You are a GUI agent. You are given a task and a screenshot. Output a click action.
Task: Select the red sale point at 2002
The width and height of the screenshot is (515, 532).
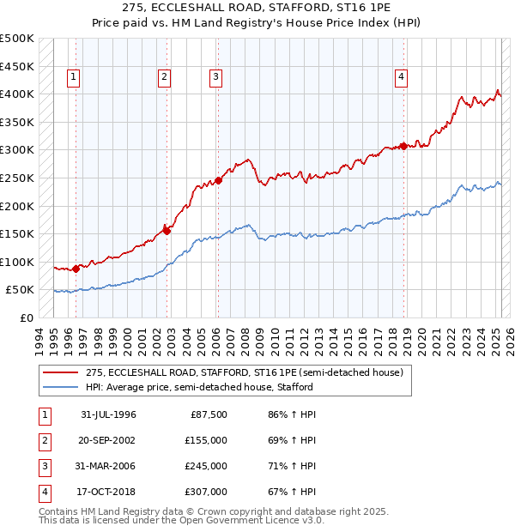pos(167,230)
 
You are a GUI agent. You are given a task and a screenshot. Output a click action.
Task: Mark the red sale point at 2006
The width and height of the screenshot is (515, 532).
pos(218,180)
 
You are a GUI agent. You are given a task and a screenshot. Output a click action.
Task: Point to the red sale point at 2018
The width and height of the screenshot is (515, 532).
pos(403,146)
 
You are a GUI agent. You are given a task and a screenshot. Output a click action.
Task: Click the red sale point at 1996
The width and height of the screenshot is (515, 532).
pos(76,269)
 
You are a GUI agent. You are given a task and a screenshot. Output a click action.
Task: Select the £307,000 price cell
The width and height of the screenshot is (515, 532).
pos(206,492)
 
